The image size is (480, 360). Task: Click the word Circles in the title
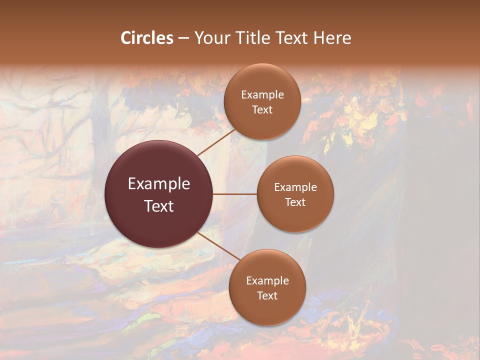(x=147, y=38)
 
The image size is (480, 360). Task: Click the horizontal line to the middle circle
(x=235, y=194)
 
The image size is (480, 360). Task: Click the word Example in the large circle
(x=159, y=184)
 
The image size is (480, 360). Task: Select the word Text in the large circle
(x=159, y=206)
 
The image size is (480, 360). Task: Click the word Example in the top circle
(x=262, y=95)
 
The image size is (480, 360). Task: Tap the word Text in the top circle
(x=262, y=110)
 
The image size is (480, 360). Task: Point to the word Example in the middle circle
(x=295, y=187)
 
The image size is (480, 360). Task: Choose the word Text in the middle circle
(x=295, y=202)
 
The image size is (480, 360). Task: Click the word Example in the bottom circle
(x=267, y=281)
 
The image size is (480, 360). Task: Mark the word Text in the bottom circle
(x=267, y=296)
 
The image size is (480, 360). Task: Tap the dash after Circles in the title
(x=183, y=38)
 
